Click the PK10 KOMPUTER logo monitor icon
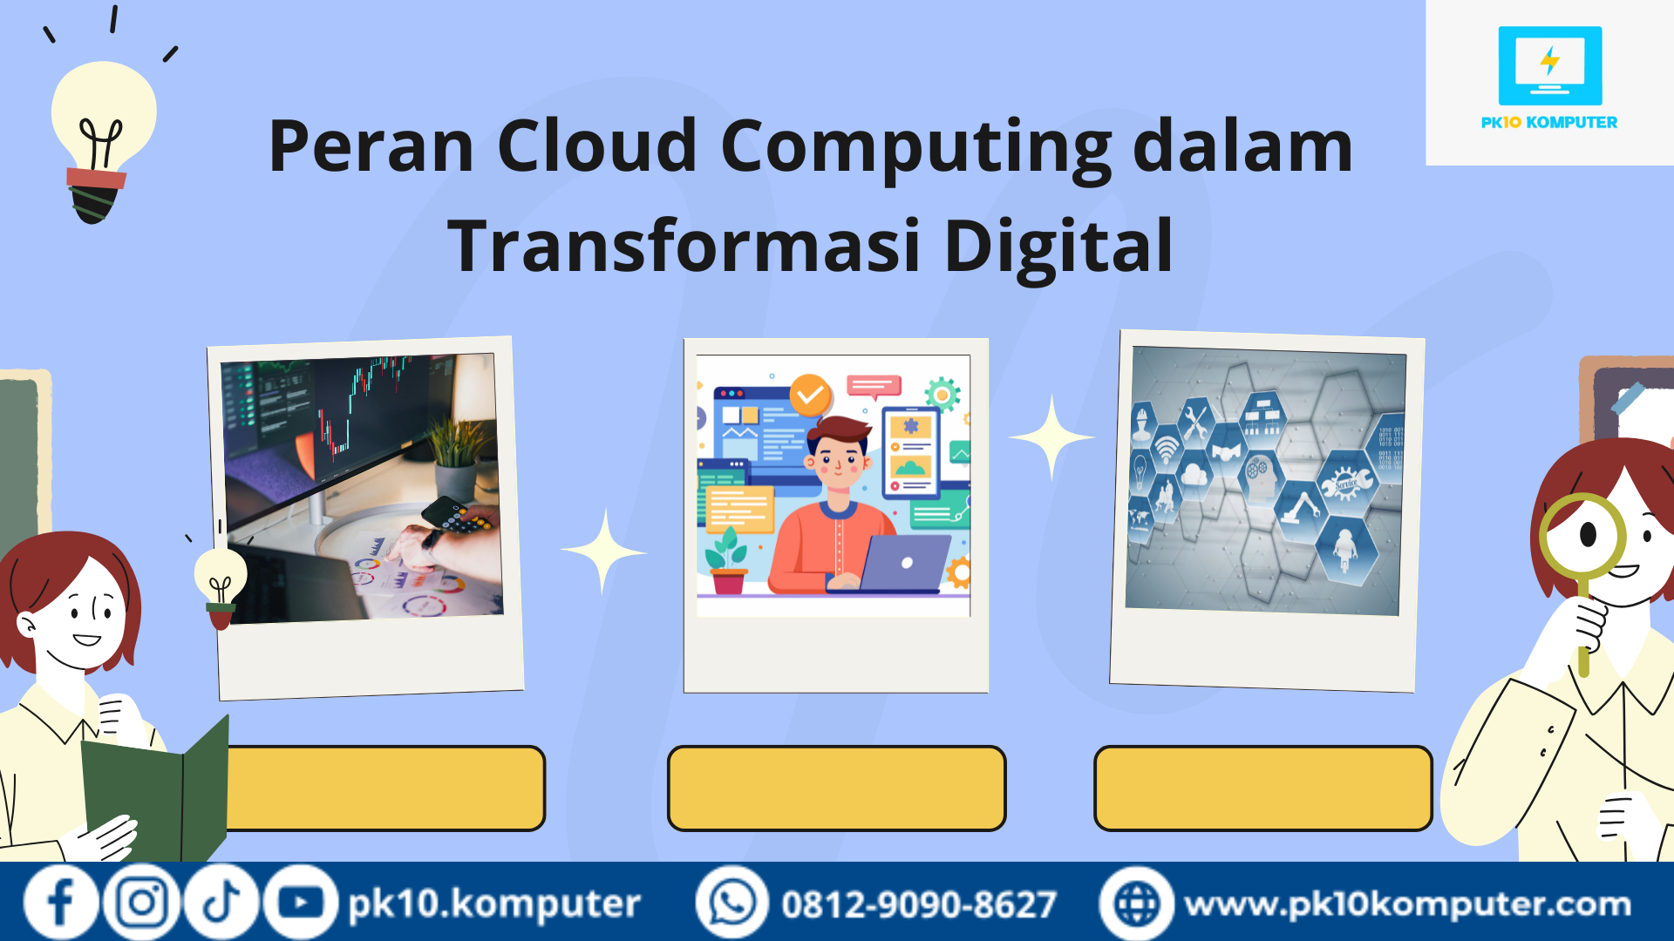pyautogui.click(x=1549, y=65)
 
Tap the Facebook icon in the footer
pyautogui.click(x=60, y=903)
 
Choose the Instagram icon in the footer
pyautogui.click(x=141, y=903)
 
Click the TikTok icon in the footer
pyautogui.click(x=221, y=903)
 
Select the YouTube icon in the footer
pyautogui.click(x=301, y=903)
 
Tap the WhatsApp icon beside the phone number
pyautogui.click(x=732, y=903)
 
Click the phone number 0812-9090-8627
pyautogui.click(x=919, y=904)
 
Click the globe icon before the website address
pyautogui.click(x=1137, y=903)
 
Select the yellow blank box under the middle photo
pyautogui.click(x=837, y=788)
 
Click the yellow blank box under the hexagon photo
pyautogui.click(x=1263, y=788)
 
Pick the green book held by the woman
pyautogui.click(x=157, y=789)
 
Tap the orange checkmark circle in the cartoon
pyautogui.click(x=810, y=396)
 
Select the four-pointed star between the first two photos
pyautogui.click(x=603, y=551)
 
